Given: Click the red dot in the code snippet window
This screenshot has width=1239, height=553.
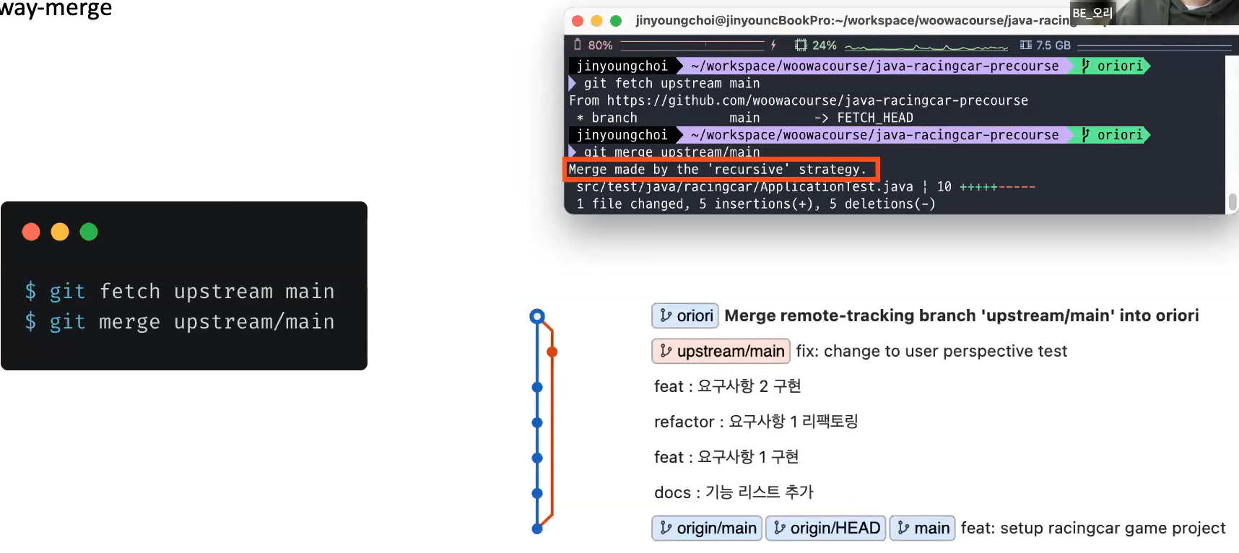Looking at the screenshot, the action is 31,232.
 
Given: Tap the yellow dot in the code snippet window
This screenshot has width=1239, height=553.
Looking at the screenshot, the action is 60,232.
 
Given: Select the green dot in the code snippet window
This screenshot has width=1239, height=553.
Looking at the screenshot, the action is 89,232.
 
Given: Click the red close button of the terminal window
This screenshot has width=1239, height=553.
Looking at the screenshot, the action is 578,21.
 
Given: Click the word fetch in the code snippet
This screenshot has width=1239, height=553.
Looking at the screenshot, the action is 129,291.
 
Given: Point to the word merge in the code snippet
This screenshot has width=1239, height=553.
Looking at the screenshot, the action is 129,321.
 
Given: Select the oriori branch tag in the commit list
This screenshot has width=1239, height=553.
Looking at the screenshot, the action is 685,315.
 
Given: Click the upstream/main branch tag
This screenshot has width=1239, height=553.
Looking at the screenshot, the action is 721,351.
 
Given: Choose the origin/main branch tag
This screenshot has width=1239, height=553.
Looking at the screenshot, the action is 707,528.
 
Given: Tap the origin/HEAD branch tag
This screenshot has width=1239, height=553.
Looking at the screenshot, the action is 826,528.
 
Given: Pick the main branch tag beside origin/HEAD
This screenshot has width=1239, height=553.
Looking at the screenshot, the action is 922,528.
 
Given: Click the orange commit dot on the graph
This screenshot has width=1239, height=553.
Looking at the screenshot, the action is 552,352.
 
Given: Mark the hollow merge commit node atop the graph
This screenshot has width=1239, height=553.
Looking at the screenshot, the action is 536,316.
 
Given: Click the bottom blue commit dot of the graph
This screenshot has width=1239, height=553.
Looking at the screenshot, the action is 536,528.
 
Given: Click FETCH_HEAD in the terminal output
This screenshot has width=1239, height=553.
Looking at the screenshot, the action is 874,118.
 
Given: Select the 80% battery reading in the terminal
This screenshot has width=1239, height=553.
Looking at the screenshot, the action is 599,45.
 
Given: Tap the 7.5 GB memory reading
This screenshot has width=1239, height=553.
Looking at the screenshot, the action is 1053,45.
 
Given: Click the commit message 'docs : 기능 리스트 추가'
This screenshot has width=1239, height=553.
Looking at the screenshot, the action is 734,492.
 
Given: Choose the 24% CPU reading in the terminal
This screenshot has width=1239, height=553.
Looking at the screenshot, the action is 824,45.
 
